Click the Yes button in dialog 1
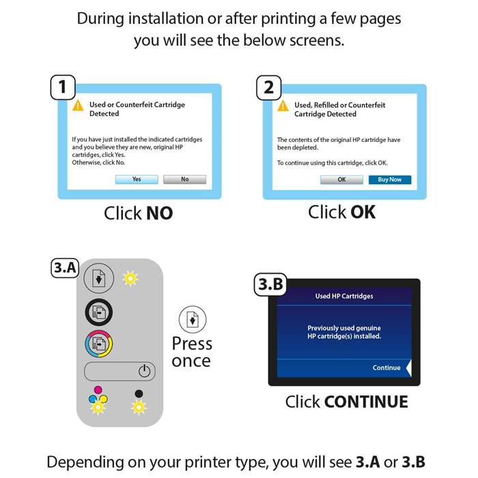137,180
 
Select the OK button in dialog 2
341,180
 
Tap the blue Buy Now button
390,180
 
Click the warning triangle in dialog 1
79,105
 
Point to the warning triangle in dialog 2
283,105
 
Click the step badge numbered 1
63,88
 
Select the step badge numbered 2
268,88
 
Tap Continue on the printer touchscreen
386,368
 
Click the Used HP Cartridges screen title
344,296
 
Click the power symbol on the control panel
143,371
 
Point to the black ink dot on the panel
139,393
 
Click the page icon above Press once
193,319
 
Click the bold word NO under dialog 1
159,214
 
